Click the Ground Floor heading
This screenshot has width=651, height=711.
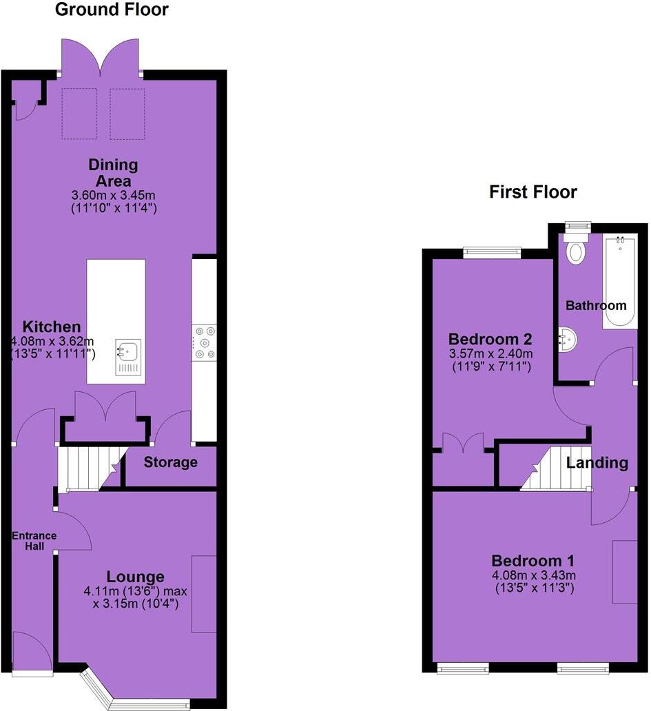[111, 10]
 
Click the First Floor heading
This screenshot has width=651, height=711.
[533, 192]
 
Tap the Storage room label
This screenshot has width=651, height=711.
[170, 462]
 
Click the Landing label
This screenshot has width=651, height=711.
[597, 463]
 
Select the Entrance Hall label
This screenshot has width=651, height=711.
[33, 542]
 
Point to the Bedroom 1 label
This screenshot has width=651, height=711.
[533, 560]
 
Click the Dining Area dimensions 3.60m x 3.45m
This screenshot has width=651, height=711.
[113, 194]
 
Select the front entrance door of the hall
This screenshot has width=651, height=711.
[32, 651]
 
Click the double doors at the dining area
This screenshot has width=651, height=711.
[102, 58]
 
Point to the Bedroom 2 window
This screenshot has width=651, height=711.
[491, 252]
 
